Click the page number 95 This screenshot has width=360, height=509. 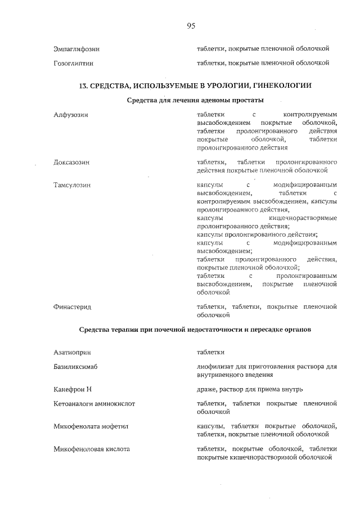[191, 26]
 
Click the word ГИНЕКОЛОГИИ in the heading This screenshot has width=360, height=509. [281, 85]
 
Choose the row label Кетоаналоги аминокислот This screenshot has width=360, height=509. [94, 404]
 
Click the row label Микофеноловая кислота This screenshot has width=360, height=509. [92, 449]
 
